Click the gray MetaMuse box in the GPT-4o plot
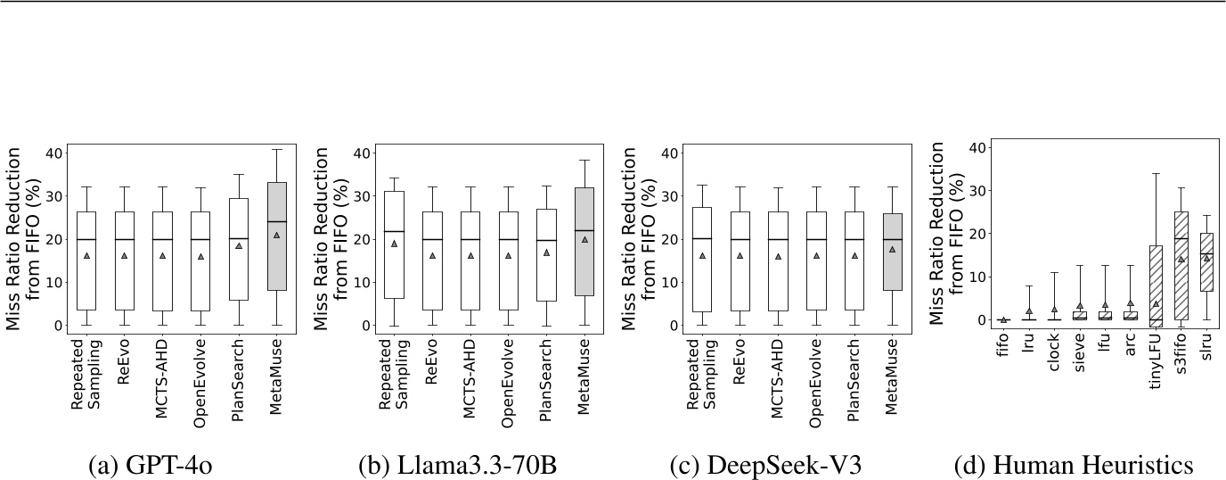[x=276, y=259]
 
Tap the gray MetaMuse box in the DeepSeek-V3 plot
[x=892, y=264]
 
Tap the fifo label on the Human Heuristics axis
[x=1003, y=352]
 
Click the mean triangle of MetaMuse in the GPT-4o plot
[x=276, y=236]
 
